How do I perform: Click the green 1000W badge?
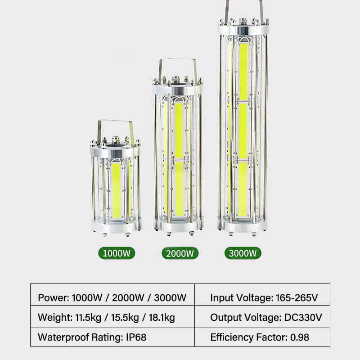[117, 253]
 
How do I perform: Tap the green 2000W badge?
[180, 253]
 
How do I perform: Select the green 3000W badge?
[243, 253]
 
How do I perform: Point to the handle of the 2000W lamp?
[178, 60]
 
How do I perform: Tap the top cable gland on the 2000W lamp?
[175, 80]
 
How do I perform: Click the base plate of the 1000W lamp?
[116, 227]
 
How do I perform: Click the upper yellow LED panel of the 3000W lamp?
[243, 71]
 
